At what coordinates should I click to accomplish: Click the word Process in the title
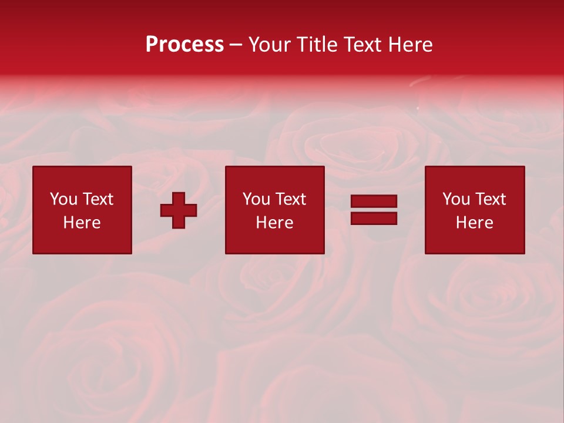184,45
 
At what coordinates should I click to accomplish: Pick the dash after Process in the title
236,45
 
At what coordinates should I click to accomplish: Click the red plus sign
179,210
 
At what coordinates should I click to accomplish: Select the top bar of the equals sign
374,202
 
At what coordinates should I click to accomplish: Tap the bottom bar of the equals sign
374,218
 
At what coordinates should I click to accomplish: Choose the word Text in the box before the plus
97,199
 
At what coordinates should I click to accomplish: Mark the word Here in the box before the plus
82,223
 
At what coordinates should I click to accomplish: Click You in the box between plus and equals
256,199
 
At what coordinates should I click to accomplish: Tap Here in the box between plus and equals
274,223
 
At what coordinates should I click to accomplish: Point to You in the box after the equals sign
456,199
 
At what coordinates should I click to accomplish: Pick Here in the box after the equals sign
474,223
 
